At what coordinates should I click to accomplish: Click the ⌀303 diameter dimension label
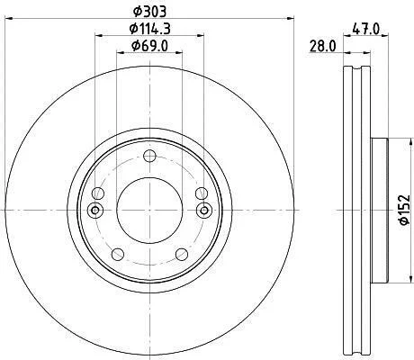(x=149, y=12)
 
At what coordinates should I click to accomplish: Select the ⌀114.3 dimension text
(x=149, y=29)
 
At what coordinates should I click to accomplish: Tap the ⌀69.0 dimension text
(x=149, y=46)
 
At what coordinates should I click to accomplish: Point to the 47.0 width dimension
(x=365, y=29)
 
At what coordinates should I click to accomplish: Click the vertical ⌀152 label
(x=405, y=210)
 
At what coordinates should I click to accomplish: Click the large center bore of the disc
(x=149, y=211)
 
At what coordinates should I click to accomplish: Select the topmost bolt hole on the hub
(x=149, y=156)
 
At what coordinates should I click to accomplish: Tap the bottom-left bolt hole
(x=118, y=255)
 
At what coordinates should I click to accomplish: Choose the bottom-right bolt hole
(x=182, y=255)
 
